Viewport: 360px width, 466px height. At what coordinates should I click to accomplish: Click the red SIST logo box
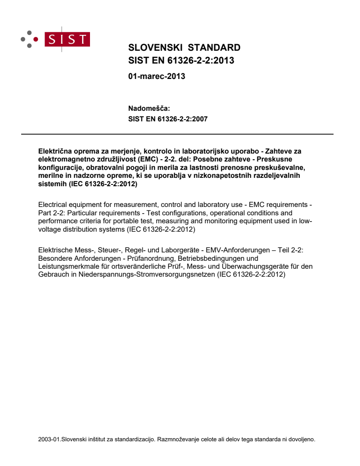pos(68,39)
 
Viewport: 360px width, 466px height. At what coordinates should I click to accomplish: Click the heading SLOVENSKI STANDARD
pos(184,48)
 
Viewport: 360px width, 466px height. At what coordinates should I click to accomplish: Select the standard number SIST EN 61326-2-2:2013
pos(181,61)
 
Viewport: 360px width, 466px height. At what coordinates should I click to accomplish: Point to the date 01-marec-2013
pos(157,76)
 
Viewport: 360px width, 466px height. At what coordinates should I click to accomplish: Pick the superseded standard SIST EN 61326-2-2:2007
pos(168,119)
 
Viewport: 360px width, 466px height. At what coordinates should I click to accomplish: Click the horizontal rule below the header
pos(177,134)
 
